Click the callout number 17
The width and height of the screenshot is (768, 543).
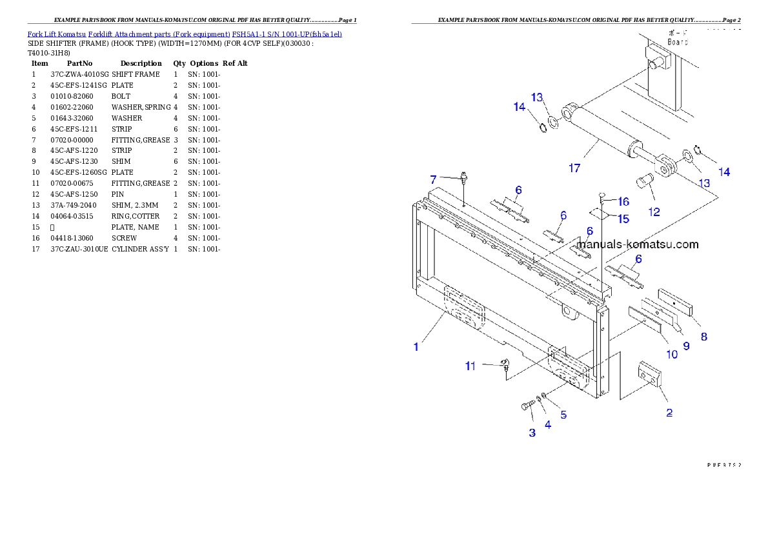pyautogui.click(x=574, y=168)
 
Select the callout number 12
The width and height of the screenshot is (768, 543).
pyautogui.click(x=654, y=211)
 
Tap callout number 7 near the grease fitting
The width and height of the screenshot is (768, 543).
pyautogui.click(x=433, y=179)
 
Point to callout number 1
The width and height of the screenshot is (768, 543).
pyautogui.click(x=416, y=346)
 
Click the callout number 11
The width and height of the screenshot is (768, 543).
pyautogui.click(x=470, y=366)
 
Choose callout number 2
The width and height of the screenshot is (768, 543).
pyautogui.click(x=669, y=413)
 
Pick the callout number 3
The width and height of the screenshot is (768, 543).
pyautogui.click(x=532, y=433)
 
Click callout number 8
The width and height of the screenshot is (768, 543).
pyautogui.click(x=703, y=336)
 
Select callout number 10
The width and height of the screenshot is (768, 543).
pyautogui.click(x=672, y=353)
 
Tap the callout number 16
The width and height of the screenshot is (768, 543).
pyautogui.click(x=623, y=202)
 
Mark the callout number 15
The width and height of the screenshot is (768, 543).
pyautogui.click(x=623, y=219)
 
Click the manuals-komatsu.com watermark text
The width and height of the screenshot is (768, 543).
pyautogui.click(x=637, y=244)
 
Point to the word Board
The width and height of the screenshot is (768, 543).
pyautogui.click(x=678, y=42)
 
